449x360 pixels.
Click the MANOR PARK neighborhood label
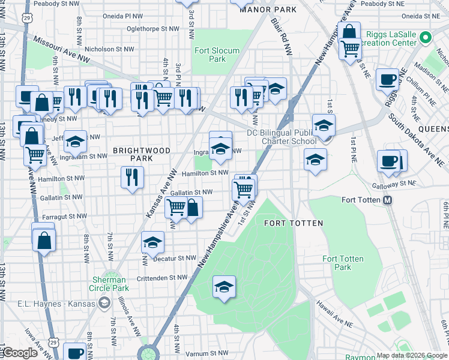tap(268, 10)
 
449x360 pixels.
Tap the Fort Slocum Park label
tap(217, 55)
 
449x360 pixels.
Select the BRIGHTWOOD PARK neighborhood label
tap(142, 154)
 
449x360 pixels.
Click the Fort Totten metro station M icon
tap(388, 200)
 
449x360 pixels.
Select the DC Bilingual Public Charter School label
tap(282, 137)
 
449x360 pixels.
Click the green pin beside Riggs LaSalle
tap(426, 37)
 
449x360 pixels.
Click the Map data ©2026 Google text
tap(412, 355)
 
